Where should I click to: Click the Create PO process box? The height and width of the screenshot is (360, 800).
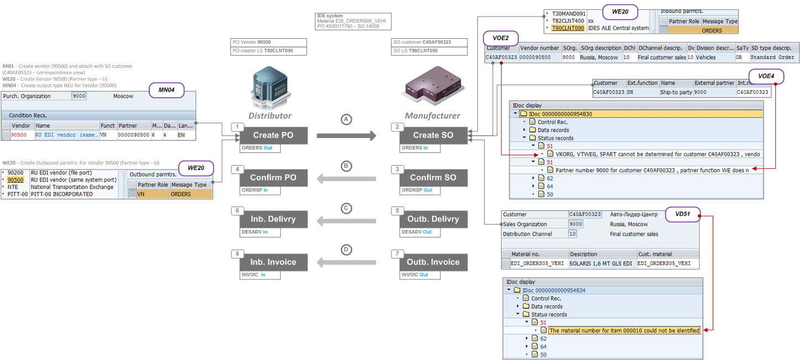click(273, 135)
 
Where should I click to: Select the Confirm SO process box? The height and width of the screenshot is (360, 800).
click(433, 178)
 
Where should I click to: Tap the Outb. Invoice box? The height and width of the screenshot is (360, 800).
click(433, 262)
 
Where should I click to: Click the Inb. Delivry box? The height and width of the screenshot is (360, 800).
click(273, 219)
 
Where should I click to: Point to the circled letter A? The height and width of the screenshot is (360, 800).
click(346, 120)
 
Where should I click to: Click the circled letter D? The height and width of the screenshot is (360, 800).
click(346, 250)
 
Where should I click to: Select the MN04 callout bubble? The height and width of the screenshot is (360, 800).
click(166, 90)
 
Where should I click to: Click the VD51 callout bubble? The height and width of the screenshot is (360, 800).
click(682, 214)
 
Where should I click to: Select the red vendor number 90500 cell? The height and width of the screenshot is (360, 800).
click(19, 134)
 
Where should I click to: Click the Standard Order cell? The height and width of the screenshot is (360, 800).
click(772, 57)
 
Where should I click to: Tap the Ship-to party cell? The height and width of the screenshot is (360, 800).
click(676, 92)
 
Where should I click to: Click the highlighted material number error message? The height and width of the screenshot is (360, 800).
click(624, 330)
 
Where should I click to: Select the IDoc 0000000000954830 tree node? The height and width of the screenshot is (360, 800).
click(560, 114)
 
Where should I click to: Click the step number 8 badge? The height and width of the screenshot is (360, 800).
click(236, 254)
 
